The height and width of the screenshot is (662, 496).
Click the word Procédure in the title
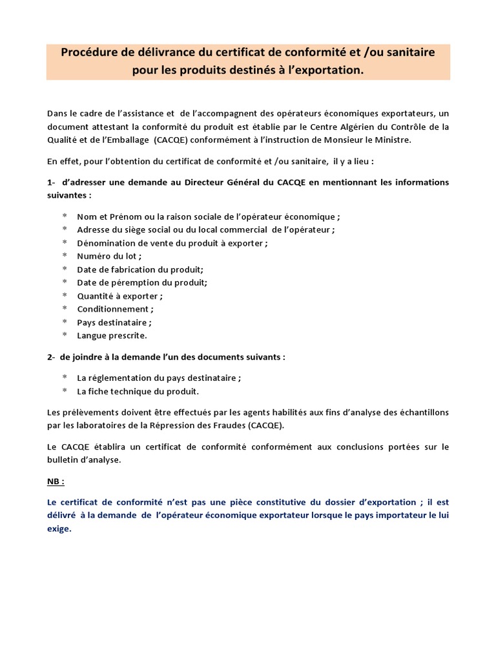click(x=89, y=53)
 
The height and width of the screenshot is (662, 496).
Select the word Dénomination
click(x=106, y=242)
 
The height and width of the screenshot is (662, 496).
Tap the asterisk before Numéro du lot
click(x=65, y=256)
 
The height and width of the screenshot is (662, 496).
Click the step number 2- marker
click(x=52, y=356)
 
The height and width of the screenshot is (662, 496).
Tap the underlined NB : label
click(x=56, y=482)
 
